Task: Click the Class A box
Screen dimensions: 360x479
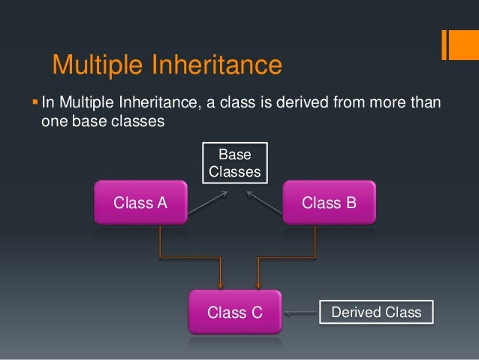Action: (140, 202)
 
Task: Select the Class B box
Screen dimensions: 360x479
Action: (328, 202)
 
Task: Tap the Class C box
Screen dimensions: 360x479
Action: (234, 312)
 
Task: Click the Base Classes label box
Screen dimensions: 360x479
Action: (234, 163)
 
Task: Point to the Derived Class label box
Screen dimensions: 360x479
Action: (376, 312)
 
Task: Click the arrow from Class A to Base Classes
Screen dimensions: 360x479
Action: (208, 202)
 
